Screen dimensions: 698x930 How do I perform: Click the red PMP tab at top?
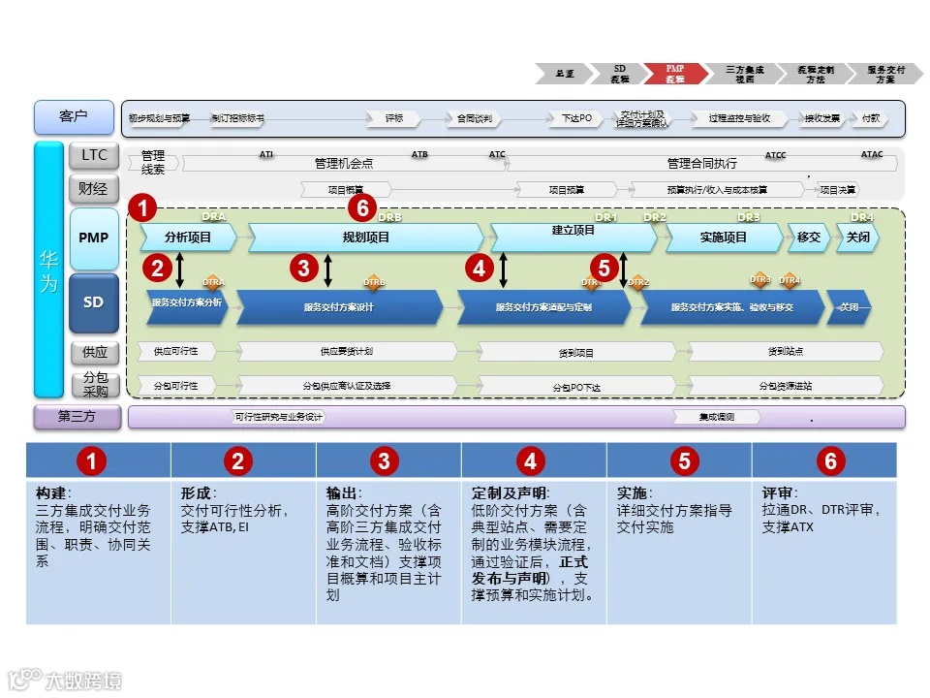(x=675, y=74)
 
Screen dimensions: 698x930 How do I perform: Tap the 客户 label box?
(x=74, y=117)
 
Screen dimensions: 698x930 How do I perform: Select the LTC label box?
(x=94, y=155)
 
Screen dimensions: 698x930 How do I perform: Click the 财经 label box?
(x=94, y=187)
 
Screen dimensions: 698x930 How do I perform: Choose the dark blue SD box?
(x=94, y=301)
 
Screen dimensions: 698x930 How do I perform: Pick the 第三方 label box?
(x=77, y=418)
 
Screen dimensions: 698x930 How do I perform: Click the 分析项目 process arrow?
(x=188, y=238)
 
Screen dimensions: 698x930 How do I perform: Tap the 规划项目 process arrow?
(x=366, y=238)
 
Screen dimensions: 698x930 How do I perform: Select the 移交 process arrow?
(x=809, y=238)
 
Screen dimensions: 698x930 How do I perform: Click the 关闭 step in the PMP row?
(x=858, y=238)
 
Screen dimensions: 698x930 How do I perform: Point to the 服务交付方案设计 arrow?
(x=339, y=307)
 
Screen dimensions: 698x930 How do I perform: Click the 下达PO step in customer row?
(x=577, y=118)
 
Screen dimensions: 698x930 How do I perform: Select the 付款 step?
(x=871, y=118)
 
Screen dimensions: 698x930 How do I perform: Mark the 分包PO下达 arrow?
(x=576, y=386)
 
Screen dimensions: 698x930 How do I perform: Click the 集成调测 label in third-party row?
(x=717, y=417)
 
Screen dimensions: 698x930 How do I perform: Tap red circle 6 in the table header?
(x=829, y=461)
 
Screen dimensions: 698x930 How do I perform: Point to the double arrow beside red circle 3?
(x=328, y=270)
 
